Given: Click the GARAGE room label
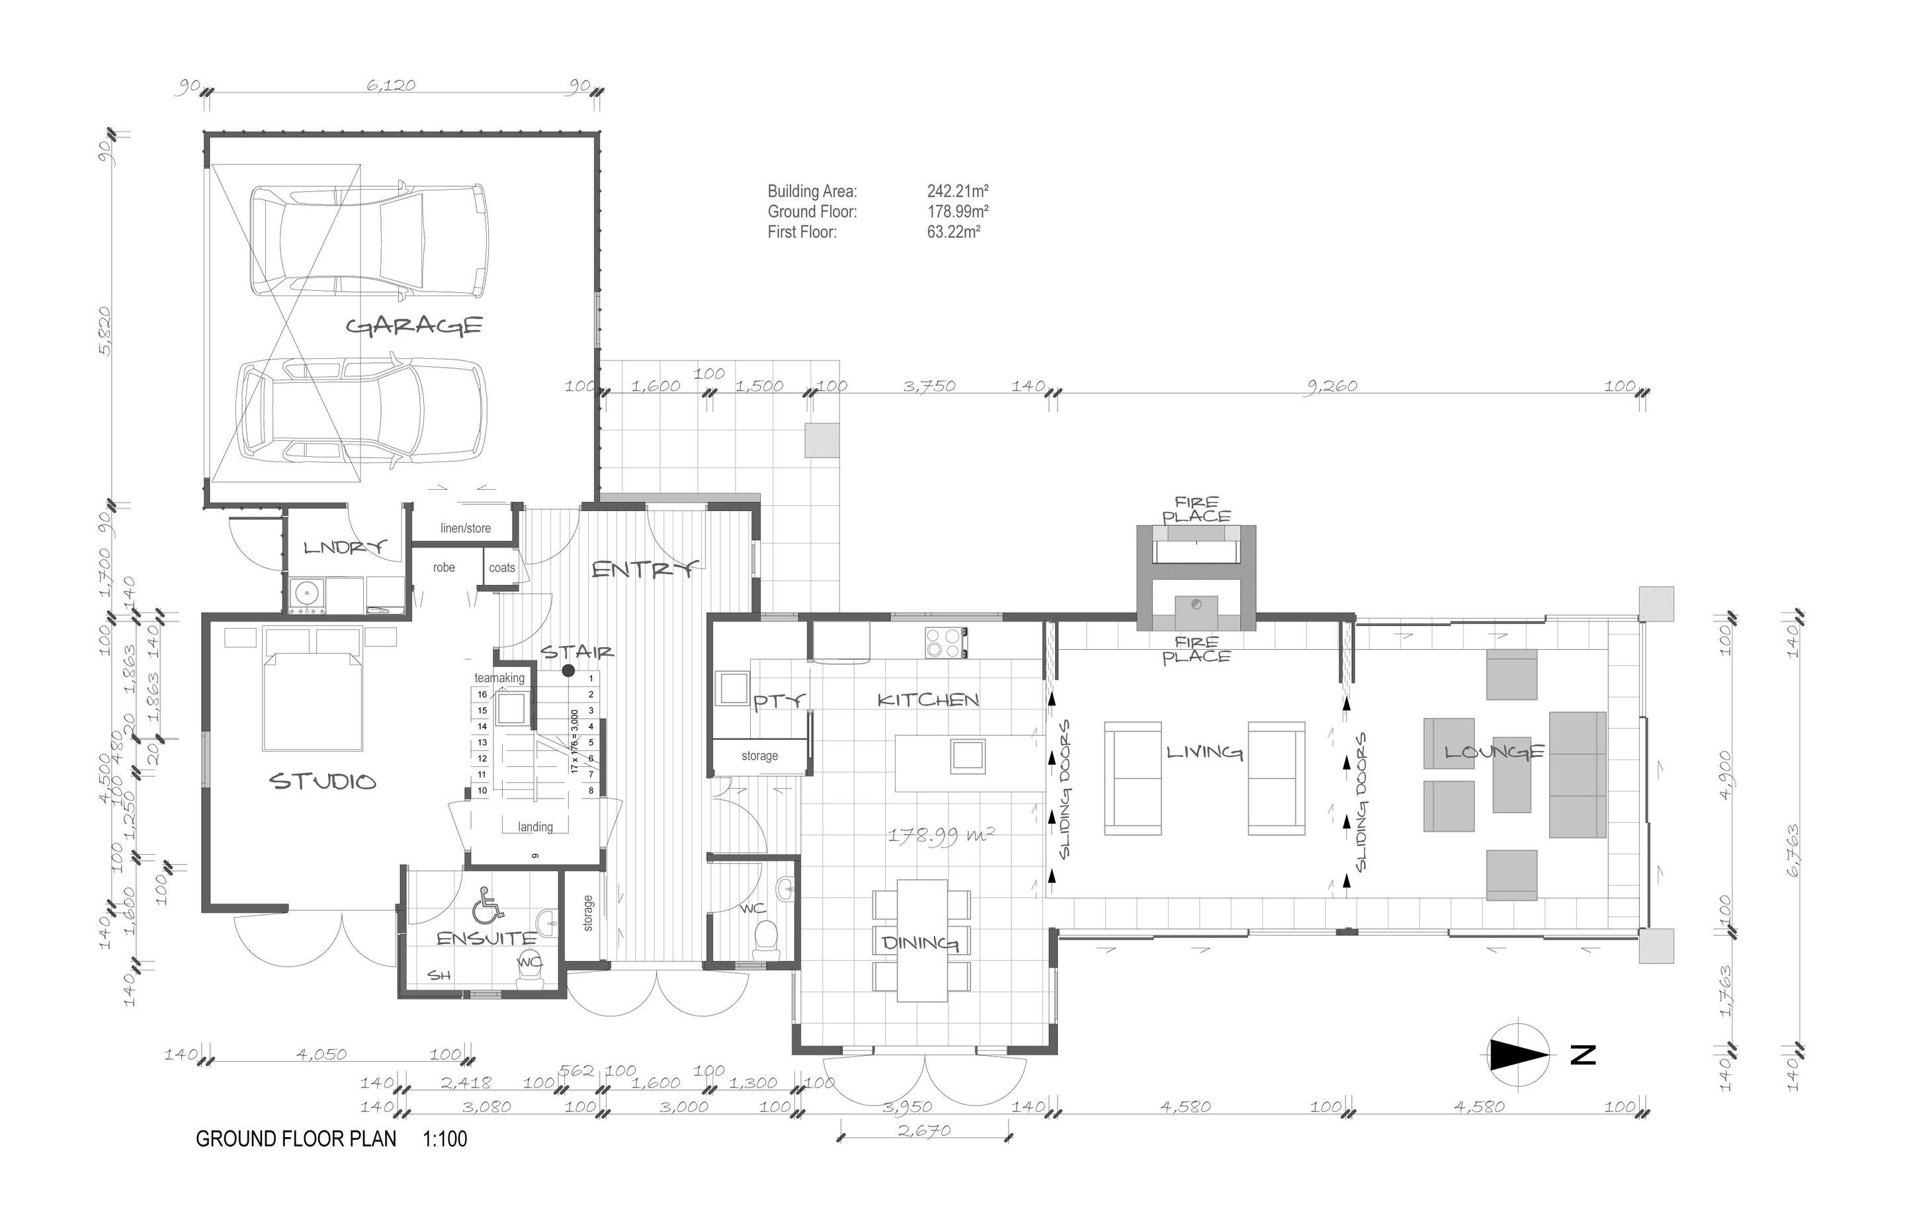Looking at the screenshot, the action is [415, 326].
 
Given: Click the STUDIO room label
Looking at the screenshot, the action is [323, 781].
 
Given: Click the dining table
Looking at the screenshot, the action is [922, 940].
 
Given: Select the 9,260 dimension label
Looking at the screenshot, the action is [1330, 387].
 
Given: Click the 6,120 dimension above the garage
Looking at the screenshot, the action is [390, 85].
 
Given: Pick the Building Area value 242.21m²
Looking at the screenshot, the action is [957, 191].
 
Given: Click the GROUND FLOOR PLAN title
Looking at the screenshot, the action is [296, 1138].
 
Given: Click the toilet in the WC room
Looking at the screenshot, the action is [766, 939].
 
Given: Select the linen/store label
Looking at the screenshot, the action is [466, 528].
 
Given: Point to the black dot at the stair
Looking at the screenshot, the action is [568, 671].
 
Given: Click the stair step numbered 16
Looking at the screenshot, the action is [482, 694].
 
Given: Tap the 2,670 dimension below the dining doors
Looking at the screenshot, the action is [925, 1130].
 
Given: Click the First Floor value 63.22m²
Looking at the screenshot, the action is [953, 233].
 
